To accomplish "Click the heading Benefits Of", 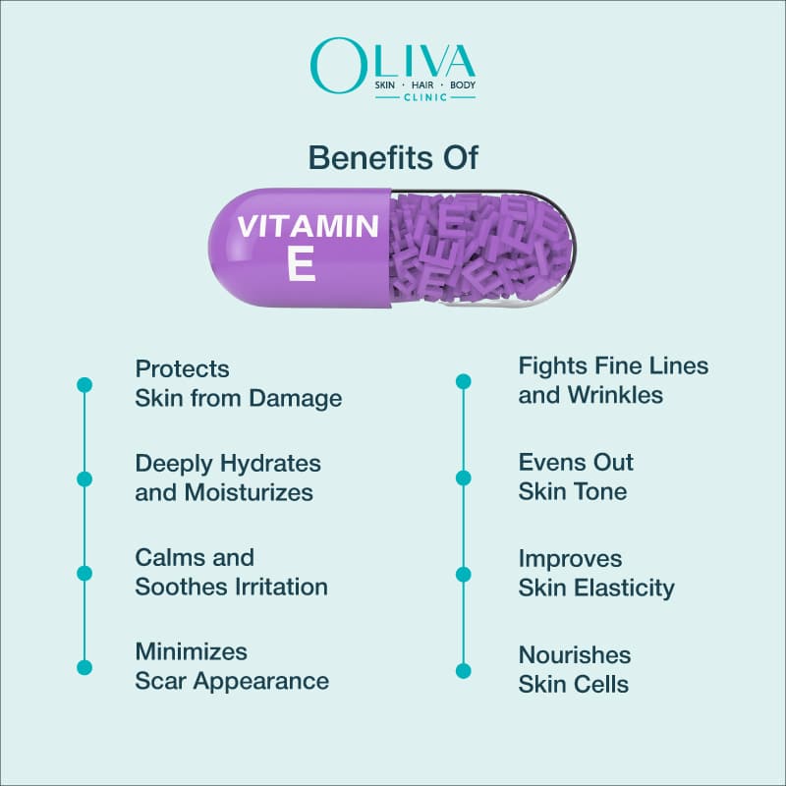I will point(393,157).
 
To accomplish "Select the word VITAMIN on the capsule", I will point(308,227).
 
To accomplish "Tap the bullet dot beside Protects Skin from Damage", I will point(84,385).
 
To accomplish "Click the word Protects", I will point(183,369).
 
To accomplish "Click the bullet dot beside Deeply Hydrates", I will point(84,478).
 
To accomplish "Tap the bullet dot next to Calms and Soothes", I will point(84,573).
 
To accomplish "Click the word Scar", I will point(163,681).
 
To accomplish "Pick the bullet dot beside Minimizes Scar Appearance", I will point(84,667).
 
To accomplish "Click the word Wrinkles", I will point(615,395).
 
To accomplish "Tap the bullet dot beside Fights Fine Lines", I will point(464,381).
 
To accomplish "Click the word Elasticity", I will point(627,588).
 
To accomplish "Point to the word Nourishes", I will point(575,654).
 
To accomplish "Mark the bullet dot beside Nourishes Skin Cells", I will point(464,670).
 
